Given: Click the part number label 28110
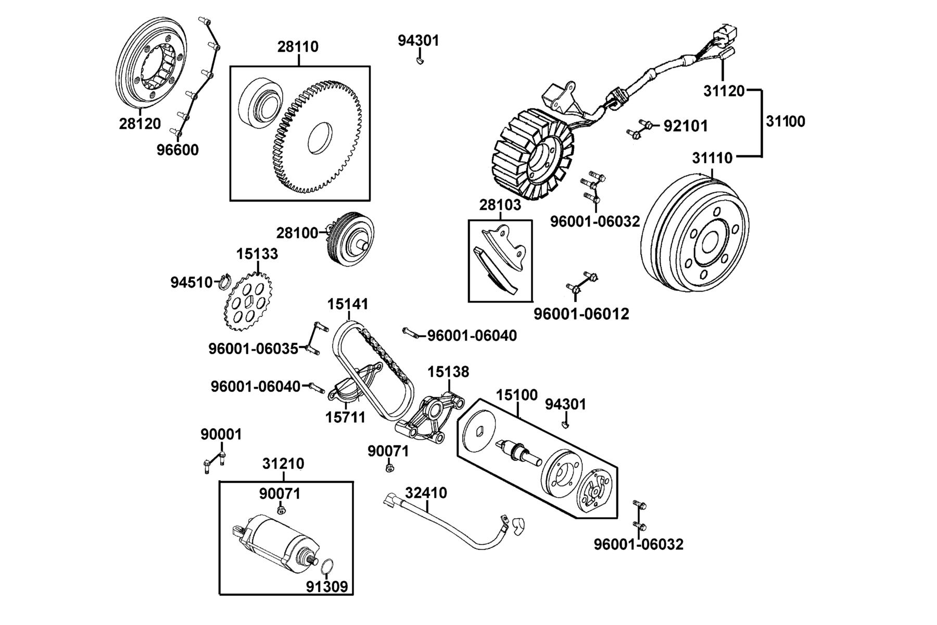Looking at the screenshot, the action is pos(298,47).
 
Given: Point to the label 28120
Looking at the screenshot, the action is pos(140,124).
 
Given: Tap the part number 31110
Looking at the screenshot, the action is pos(712,158).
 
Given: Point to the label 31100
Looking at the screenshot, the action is pos(786,122).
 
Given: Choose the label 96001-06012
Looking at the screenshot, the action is pos(581,314).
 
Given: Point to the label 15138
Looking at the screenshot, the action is pos(448,372).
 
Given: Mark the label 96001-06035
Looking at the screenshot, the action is pos(254,348).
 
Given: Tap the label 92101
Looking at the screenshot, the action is pos(686,126).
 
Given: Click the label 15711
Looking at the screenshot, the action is pos(345,417).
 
